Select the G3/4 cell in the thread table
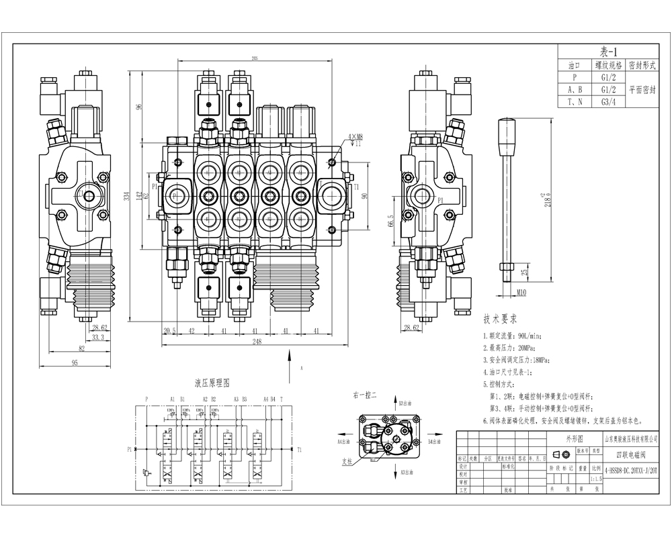[605, 102]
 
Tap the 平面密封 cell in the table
[643, 89]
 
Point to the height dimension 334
[126, 195]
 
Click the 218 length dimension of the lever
[548, 199]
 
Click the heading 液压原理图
[212, 383]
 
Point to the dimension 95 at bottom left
[75, 362]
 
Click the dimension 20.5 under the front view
[169, 330]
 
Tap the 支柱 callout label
[347, 461]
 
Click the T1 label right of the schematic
[300, 449]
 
